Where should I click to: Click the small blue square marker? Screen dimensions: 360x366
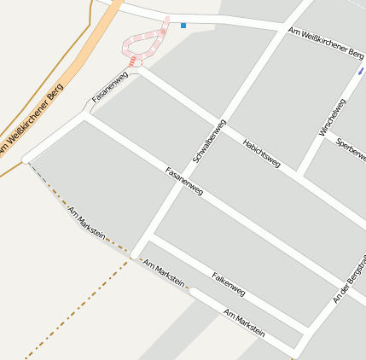pos(183,26)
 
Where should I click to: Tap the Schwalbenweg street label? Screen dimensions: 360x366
pos(209,141)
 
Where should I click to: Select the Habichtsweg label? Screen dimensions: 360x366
pos(261,151)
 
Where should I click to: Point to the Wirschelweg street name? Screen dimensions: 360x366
pos(333,118)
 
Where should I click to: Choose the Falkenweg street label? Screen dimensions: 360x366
pos(228,285)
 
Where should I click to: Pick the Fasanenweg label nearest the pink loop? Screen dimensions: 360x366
pos(110,88)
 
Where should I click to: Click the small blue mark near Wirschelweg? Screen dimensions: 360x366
pos(361,72)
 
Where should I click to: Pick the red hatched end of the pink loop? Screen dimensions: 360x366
pos(132,61)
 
